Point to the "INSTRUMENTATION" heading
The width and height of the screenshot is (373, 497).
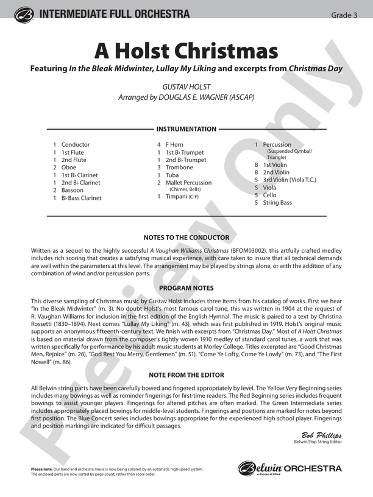(x=187, y=129)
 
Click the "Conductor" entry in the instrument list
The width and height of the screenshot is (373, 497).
(x=76, y=145)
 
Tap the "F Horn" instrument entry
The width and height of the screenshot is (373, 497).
(x=174, y=145)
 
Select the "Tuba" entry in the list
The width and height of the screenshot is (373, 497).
(x=172, y=175)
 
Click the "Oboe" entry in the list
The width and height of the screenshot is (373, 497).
(x=69, y=167)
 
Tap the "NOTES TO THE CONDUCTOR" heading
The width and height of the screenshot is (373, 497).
(x=187, y=238)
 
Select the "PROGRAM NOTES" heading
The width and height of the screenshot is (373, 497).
(x=187, y=287)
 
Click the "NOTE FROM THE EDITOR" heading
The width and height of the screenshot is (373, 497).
(x=187, y=375)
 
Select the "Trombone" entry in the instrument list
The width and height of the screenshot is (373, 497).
(x=179, y=167)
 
